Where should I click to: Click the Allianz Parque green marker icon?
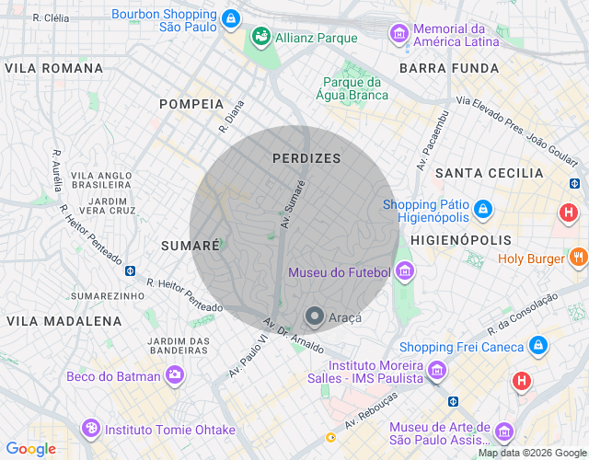point(260,38)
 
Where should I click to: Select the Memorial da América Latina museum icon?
point(399,34)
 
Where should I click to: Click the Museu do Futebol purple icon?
point(404,271)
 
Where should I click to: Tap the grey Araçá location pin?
point(315,317)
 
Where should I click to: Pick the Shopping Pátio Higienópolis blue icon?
point(483,211)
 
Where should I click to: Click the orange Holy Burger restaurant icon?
point(578,258)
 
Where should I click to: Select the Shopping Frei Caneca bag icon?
point(537,347)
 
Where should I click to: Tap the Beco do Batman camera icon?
point(174,375)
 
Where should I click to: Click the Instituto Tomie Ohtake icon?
point(90,429)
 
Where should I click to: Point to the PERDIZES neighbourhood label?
point(306,158)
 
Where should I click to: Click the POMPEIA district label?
point(191,104)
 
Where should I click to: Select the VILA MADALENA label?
point(64,321)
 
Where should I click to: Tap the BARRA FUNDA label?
point(449,68)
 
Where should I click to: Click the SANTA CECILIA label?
point(490,173)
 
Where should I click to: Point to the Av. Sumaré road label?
point(293,204)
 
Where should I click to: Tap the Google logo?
point(29,449)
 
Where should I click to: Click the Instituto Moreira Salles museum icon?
point(436,369)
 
